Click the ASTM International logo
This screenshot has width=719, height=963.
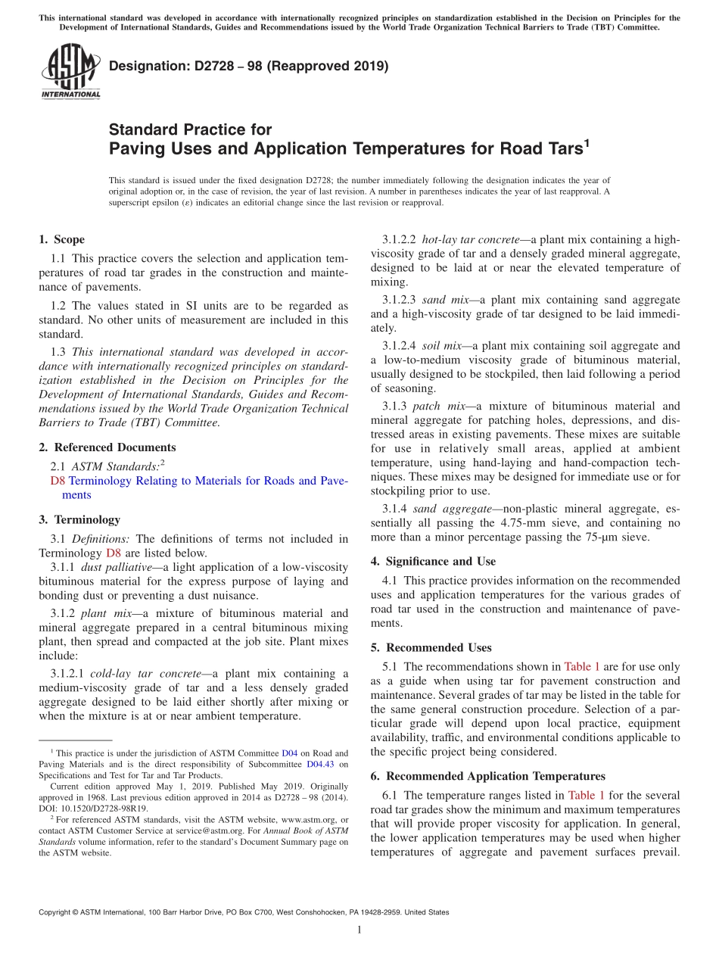(70, 72)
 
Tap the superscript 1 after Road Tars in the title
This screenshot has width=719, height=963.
(586, 142)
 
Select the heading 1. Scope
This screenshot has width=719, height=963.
(61, 240)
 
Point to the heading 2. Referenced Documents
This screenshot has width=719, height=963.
(107, 447)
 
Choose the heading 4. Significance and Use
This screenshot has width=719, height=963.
(433, 562)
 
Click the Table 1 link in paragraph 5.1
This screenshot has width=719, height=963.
(582, 667)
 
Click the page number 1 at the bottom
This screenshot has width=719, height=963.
(359, 930)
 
